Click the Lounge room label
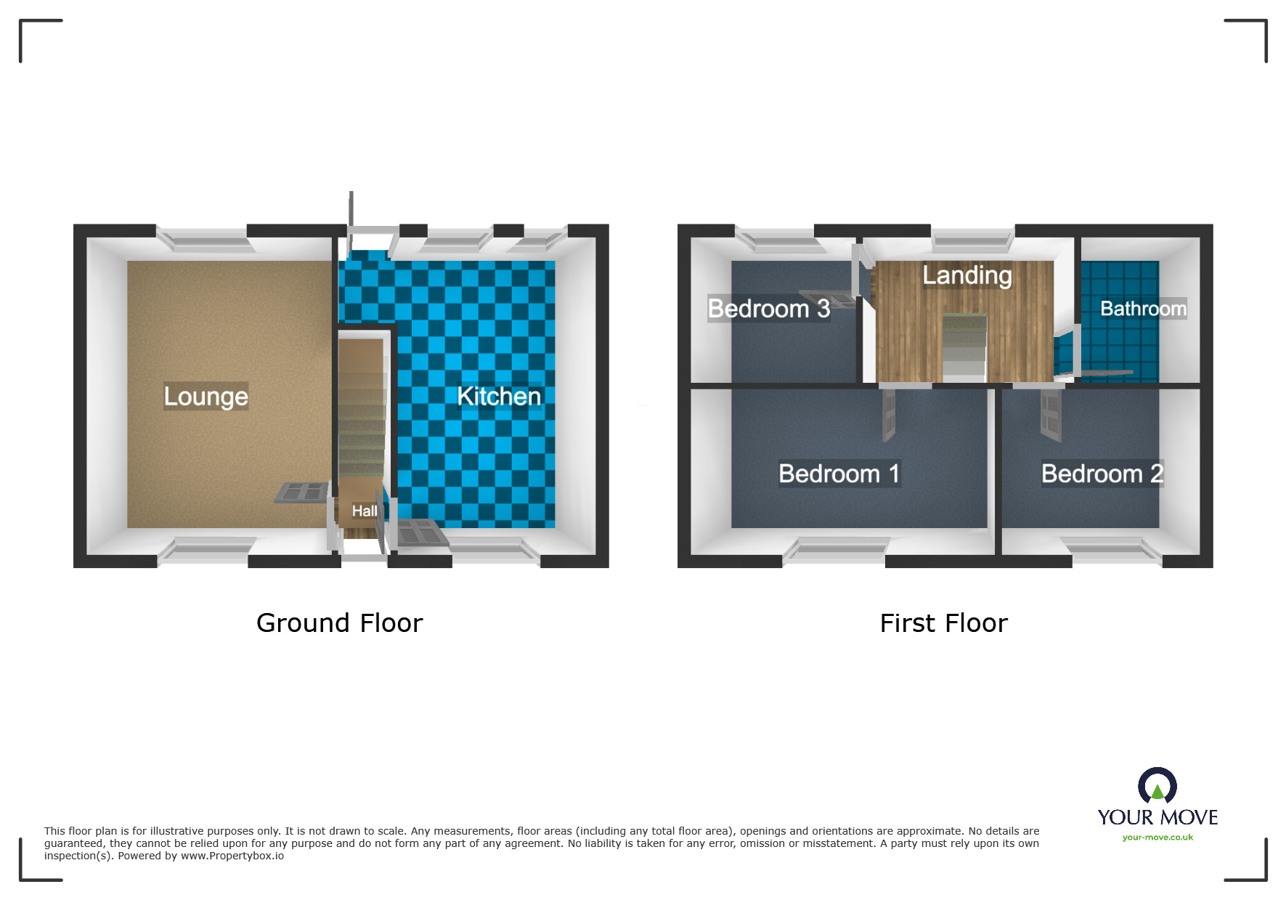coord(205,397)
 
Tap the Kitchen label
coord(499,397)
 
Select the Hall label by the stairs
coord(364,511)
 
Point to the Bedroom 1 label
coord(839,474)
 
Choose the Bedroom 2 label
coord(1102,474)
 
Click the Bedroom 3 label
coord(768,309)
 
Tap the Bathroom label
coord(1143,309)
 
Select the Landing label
coord(966,275)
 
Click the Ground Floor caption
coord(339,623)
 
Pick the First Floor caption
coord(943,623)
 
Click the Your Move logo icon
coord(1157,786)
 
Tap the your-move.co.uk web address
coord(1157,838)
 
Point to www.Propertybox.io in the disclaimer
coord(232,856)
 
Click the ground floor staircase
coord(362,421)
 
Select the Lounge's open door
coord(302,492)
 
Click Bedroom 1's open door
coord(889,415)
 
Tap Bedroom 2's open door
coord(1050,415)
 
